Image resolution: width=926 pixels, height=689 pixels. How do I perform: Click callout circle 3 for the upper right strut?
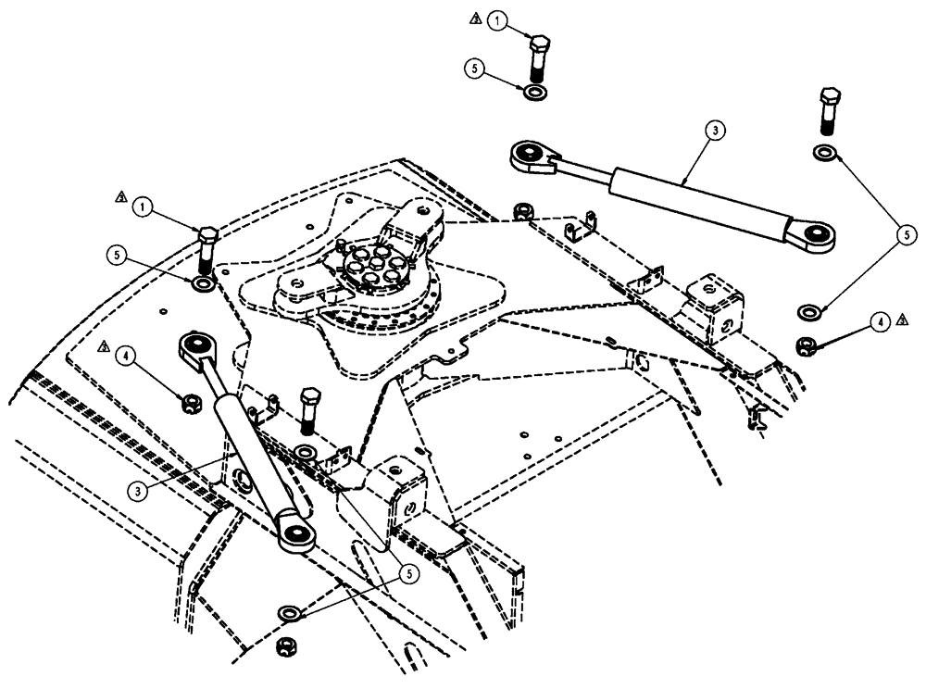712,132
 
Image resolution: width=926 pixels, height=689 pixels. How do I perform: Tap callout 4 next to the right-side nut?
880,322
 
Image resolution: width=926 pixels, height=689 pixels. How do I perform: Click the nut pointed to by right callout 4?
805,346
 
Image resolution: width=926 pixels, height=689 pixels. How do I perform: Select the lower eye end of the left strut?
296,532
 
